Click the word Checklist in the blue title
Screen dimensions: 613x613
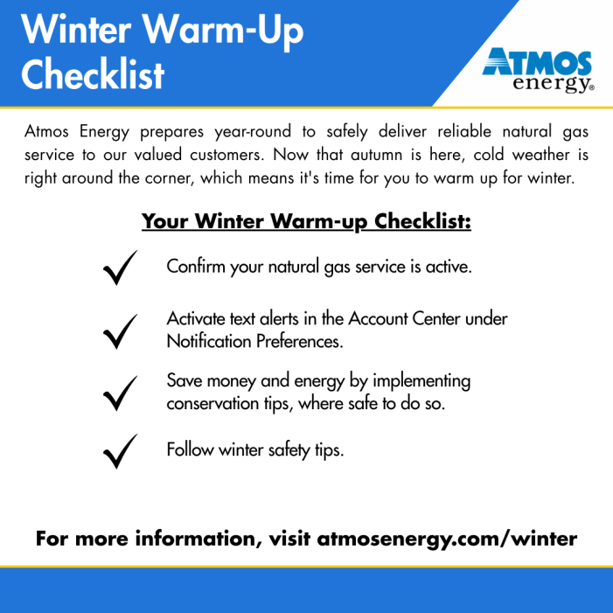click(x=93, y=74)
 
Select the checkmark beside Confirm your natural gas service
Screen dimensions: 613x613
click(x=118, y=268)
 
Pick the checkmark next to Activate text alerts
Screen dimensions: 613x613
click(x=118, y=331)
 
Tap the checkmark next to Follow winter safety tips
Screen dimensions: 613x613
click(x=118, y=451)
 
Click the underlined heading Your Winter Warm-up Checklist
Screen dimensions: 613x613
click(x=306, y=221)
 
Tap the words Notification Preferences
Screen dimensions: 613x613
click(x=254, y=341)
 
